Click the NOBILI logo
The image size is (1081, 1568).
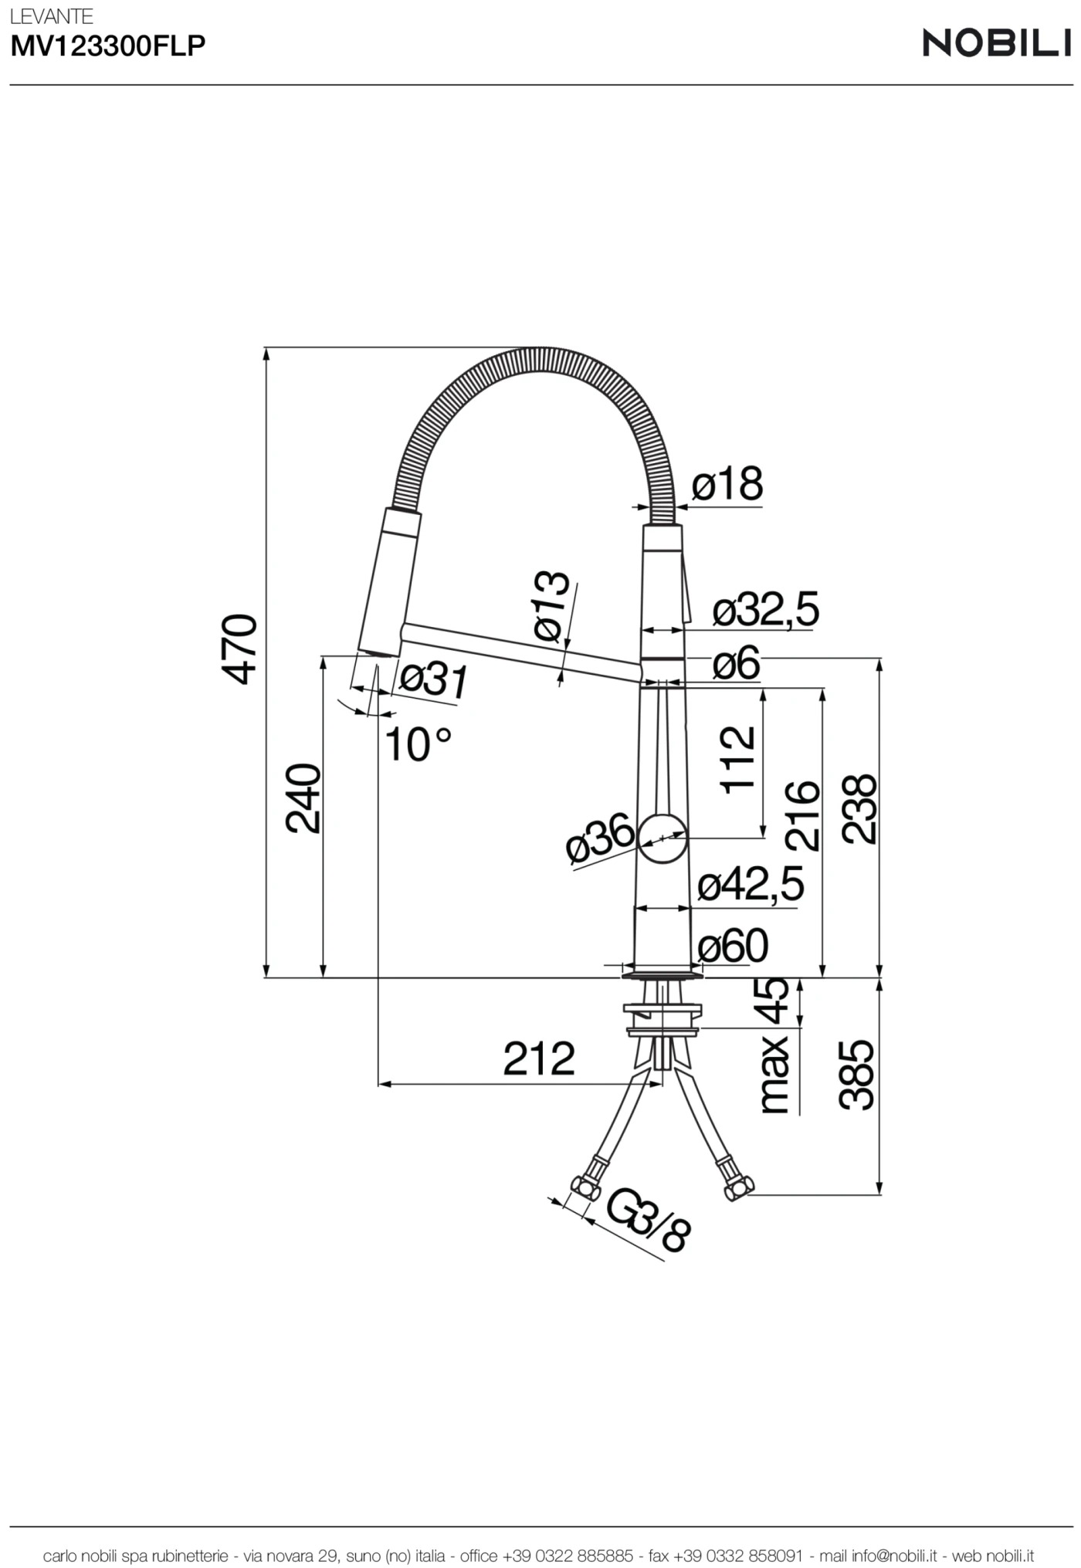pos(996,43)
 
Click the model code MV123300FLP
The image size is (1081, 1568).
pos(108,47)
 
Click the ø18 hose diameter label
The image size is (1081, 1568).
pos(727,485)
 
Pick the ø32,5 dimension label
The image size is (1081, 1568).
pos(764,610)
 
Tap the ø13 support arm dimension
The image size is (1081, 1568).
pos(553,607)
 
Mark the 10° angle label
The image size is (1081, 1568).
pos(417,744)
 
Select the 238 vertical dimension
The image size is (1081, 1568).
pos(859,808)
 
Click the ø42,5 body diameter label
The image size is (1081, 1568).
pos(751,884)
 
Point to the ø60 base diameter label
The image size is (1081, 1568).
pos(733,946)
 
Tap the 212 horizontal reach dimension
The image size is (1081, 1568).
pos(539,1058)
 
